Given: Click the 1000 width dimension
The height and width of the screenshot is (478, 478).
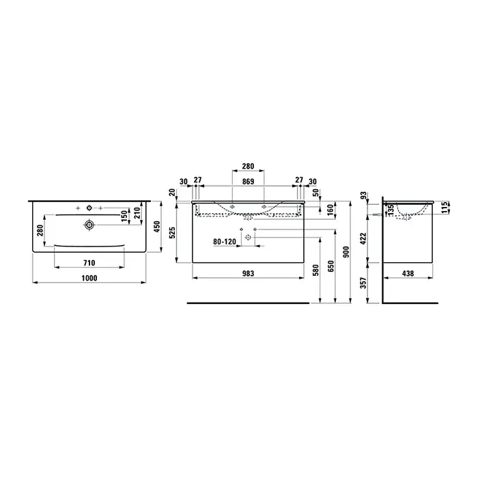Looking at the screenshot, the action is click(x=89, y=278).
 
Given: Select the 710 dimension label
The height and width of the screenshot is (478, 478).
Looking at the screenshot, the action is click(x=89, y=263).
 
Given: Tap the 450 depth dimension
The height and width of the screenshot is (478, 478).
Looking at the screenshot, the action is click(x=156, y=227).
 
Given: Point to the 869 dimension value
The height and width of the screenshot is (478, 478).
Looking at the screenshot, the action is click(x=248, y=182).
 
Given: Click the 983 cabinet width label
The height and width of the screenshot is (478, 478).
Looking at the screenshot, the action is click(x=248, y=273).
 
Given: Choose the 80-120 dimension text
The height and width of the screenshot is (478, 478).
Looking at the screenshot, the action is click(x=225, y=242).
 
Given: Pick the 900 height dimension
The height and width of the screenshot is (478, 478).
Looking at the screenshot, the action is click(x=346, y=252).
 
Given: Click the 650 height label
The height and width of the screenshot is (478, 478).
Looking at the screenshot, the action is click(x=331, y=266).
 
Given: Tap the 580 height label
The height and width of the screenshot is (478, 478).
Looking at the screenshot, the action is click(x=315, y=270).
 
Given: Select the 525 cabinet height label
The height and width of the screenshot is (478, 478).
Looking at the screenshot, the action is click(x=172, y=233).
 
